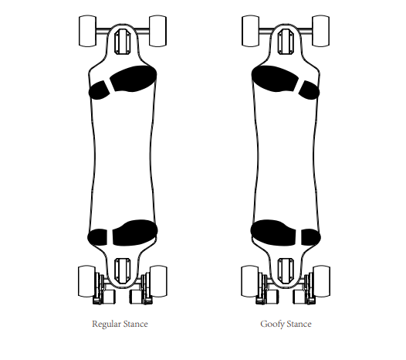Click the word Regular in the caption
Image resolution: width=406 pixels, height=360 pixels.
tap(107, 324)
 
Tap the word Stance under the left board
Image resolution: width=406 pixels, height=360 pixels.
tap(135, 324)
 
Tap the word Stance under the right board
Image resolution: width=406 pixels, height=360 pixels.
tap(299, 324)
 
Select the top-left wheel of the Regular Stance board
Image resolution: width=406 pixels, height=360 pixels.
tap(87, 31)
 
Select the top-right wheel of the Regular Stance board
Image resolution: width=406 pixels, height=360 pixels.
tap(157, 31)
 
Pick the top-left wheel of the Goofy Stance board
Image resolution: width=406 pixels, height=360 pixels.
tap(250, 31)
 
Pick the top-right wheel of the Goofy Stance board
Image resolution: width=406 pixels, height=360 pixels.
tap(321, 31)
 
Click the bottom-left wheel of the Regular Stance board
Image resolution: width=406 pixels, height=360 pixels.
tap(86, 281)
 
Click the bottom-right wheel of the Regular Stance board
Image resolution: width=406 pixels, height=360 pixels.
tap(158, 281)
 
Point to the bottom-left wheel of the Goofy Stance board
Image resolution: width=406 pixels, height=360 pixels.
tap(250, 281)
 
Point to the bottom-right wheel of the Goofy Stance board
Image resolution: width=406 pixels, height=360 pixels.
tap(321, 281)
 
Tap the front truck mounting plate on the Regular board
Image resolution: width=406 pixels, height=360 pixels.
tap(123, 42)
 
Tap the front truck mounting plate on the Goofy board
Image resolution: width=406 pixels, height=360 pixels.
tap(286, 42)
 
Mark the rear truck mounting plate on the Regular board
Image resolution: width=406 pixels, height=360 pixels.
tap(123, 271)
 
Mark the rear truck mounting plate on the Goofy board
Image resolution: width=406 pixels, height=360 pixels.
tap(286, 271)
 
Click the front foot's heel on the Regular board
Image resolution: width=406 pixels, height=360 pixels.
tap(99, 90)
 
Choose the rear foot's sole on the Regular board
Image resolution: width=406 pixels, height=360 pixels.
tap(135, 233)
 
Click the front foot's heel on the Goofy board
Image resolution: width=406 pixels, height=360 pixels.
tap(310, 90)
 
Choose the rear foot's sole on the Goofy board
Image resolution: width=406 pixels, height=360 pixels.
tap(273, 233)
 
